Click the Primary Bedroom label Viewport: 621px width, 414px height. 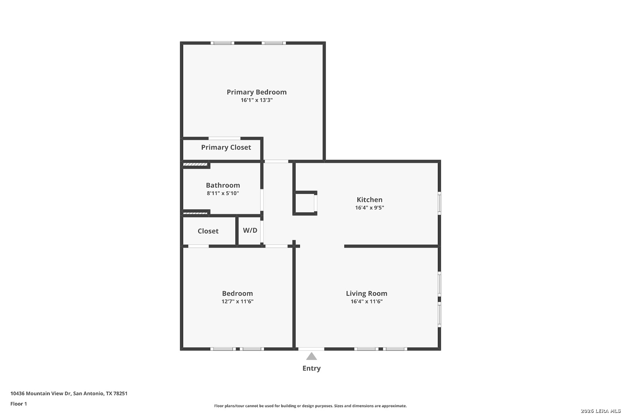(x=256, y=92)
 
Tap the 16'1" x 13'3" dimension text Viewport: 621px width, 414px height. (x=256, y=100)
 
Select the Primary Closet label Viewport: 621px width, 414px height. (x=226, y=147)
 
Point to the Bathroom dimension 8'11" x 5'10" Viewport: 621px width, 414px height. (x=223, y=193)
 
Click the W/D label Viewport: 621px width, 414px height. (x=250, y=230)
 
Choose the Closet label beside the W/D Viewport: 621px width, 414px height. (x=208, y=231)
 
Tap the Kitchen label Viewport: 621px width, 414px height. (x=369, y=200)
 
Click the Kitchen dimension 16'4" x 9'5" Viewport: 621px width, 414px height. (x=369, y=208)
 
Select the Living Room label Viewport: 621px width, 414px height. (x=366, y=293)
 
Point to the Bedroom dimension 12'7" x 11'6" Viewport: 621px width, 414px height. (x=237, y=301)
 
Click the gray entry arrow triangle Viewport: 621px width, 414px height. (x=311, y=356)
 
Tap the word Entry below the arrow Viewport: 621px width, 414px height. (x=311, y=368)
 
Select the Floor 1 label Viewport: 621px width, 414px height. (x=18, y=404)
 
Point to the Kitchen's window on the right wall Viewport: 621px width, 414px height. (x=439, y=203)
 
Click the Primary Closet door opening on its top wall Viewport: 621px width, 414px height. (x=224, y=138)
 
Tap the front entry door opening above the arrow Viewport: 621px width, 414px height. (x=311, y=349)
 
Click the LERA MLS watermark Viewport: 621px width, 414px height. (x=600, y=411)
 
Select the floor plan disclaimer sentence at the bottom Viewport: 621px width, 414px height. (x=310, y=406)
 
